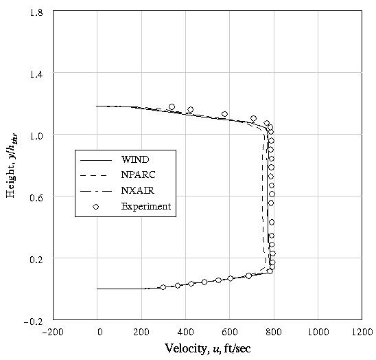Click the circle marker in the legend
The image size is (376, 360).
[x=96, y=206]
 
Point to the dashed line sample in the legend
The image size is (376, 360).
[x=96, y=175]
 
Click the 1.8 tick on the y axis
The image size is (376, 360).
[x=36, y=12]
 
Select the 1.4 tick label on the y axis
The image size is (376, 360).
[x=36, y=74]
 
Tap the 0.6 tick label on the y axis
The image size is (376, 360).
[x=36, y=197]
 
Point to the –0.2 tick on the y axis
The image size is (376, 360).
[x=34, y=321]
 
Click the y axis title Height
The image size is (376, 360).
[x=12, y=166]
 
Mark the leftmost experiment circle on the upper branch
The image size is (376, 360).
[x=172, y=107]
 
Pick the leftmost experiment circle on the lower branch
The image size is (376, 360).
[x=163, y=287]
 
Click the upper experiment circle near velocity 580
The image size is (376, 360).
[x=224, y=114]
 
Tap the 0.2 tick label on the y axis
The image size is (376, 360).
[x=36, y=259]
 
